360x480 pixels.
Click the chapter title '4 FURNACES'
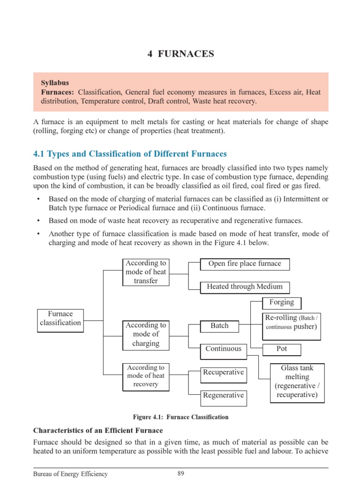tap(180, 54)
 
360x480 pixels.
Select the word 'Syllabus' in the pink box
tap(55, 82)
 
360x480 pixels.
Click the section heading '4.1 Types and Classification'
tap(130, 154)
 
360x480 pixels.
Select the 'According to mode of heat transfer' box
tap(145, 272)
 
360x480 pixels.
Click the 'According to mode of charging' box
tap(145, 334)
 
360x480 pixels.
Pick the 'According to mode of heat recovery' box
tap(145, 376)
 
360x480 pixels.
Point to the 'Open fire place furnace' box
tap(245, 264)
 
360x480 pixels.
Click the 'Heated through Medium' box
tap(245, 287)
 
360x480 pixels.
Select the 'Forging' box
tap(282, 302)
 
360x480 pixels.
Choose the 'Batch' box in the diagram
tap(219, 326)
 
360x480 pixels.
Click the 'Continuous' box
tap(223, 349)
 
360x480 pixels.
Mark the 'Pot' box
tap(282, 349)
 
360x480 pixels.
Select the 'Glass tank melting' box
tap(297, 382)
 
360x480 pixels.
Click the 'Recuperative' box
tap(223, 373)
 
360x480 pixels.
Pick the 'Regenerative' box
tap(223, 396)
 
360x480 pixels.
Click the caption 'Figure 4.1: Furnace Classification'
tap(180, 417)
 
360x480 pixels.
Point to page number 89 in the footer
tap(180, 473)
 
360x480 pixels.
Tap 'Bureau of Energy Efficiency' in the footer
tap(70, 474)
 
